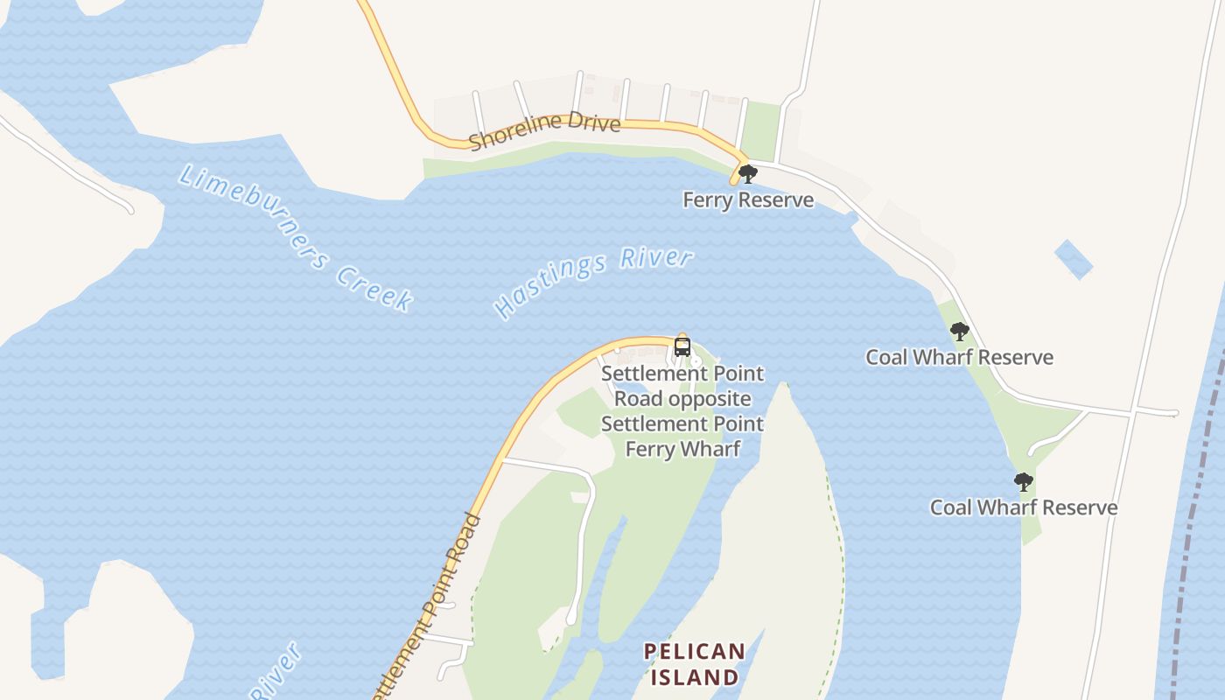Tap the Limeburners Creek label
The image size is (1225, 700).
click(295, 237)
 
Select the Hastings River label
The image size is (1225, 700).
click(593, 282)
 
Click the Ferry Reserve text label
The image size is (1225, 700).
click(748, 200)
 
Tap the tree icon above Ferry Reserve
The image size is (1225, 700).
click(747, 174)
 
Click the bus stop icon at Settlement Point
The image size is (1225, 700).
click(682, 346)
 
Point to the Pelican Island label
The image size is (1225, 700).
click(694, 664)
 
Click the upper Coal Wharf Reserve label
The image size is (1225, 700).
click(959, 357)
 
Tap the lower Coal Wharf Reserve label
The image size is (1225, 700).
click(1023, 507)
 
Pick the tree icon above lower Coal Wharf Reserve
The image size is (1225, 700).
click(1023, 482)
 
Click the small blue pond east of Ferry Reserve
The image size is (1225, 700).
click(1074, 259)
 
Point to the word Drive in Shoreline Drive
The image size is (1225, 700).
click(593, 122)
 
